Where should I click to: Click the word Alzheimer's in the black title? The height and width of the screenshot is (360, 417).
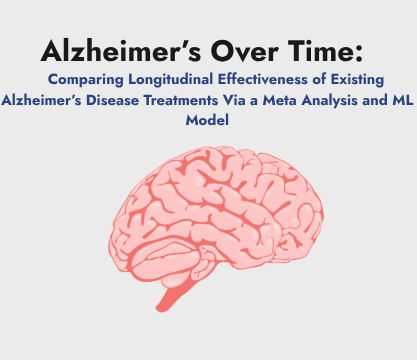(121, 51)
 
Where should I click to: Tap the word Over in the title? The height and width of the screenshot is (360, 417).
(244, 51)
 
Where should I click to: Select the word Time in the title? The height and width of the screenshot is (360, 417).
(320, 51)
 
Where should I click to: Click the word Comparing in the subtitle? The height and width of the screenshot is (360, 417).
(86, 80)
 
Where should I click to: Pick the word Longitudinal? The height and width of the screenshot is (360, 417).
(171, 80)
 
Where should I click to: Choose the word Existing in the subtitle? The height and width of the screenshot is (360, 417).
(357, 80)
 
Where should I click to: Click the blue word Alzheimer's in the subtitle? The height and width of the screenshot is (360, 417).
(41, 100)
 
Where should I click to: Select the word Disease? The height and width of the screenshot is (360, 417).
(112, 100)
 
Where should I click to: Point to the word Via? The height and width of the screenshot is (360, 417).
(234, 100)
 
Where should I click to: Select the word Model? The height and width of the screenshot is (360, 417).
(207, 120)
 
